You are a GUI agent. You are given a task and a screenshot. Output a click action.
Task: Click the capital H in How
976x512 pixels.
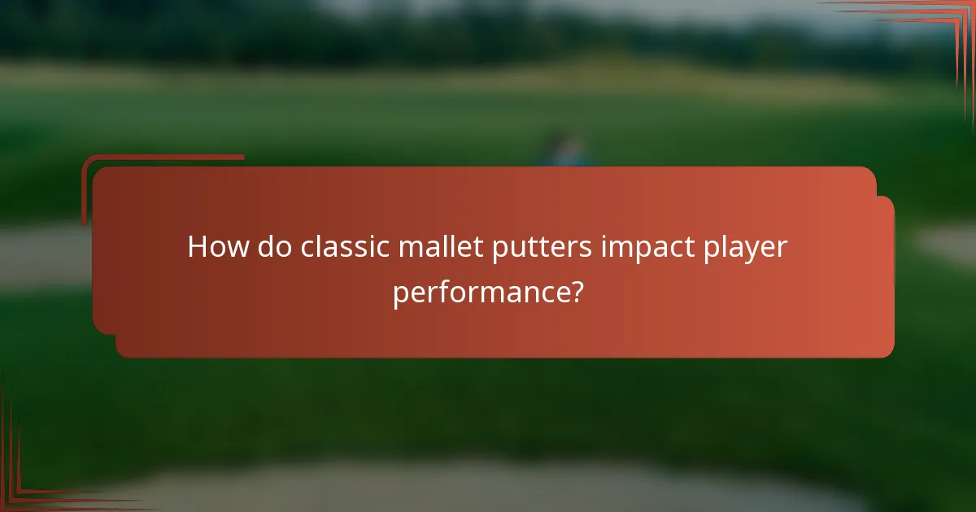click(198, 247)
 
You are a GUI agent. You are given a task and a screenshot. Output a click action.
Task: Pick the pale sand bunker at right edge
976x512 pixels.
click(948, 244)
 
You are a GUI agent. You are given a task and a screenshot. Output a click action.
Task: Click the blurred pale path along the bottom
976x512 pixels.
click(488, 488)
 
